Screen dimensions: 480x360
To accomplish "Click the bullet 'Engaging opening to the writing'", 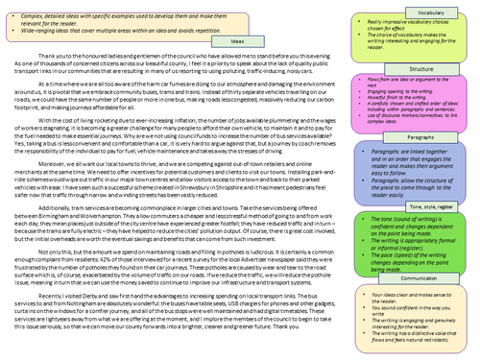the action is click(390, 86).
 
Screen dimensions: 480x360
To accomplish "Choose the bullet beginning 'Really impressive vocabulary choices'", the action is click(413, 19).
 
